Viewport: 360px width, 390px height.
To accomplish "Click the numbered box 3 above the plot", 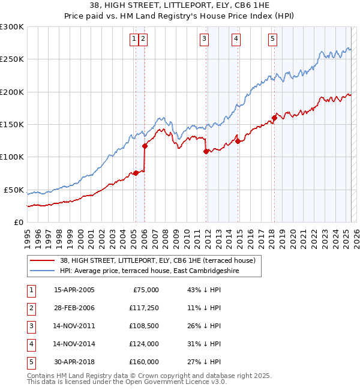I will [x=205, y=40].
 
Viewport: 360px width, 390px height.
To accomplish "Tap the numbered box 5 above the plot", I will [x=273, y=40].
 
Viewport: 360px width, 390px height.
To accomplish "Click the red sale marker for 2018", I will [x=274, y=118].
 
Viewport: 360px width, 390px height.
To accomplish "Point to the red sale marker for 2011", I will [x=206, y=151].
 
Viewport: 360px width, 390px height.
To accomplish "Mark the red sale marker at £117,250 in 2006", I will [x=145, y=146].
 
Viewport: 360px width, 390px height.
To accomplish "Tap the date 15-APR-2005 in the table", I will [x=74, y=290].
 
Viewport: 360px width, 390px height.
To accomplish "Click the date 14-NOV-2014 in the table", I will [x=74, y=344].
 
